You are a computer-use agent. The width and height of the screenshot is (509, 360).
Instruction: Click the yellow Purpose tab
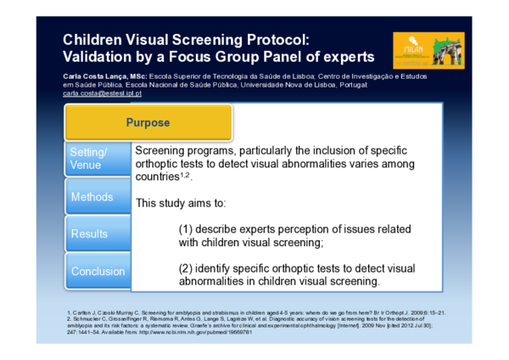pyautogui.click(x=148, y=122)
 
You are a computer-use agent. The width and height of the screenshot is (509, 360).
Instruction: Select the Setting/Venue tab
pyautogui.click(x=89, y=158)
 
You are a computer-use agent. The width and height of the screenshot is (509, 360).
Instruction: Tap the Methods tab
pyautogui.click(x=92, y=197)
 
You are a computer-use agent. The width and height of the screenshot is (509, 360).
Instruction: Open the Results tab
pyautogui.click(x=89, y=233)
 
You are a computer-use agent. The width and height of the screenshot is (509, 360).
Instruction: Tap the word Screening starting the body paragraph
pyautogui.click(x=164, y=149)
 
